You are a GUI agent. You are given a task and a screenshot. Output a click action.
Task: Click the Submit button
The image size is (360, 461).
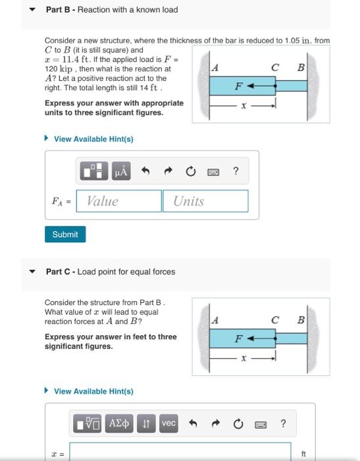pos(65,234)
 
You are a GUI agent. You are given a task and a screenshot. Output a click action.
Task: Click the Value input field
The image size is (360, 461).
pos(119,202)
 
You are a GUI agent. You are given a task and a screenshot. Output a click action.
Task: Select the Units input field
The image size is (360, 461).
pos(205,202)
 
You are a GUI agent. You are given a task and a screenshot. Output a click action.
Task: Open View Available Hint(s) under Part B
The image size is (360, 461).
pos(93,139)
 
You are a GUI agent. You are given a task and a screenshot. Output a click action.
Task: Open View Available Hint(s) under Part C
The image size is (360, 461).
pos(93,391)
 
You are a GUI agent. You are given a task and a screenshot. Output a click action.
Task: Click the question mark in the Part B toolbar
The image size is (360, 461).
pos(236,172)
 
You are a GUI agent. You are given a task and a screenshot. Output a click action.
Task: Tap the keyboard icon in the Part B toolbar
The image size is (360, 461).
pos(213,172)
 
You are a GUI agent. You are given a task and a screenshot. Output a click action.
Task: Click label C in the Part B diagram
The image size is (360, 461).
pos(277,67)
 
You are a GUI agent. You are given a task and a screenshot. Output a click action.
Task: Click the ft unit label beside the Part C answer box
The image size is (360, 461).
pos(303,454)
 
